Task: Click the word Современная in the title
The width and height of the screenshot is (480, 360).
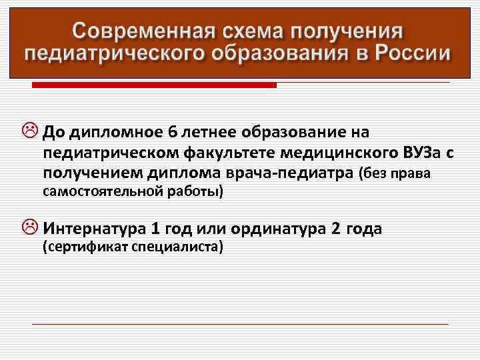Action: pyautogui.click(x=139, y=31)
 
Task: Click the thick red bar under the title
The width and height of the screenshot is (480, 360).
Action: pyautogui.click(x=154, y=85)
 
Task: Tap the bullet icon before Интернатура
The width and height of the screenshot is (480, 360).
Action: pyautogui.click(x=32, y=229)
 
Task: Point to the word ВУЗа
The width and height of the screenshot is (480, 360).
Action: pyautogui.click(x=423, y=153)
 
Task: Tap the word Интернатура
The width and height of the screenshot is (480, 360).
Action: pyautogui.click(x=93, y=229)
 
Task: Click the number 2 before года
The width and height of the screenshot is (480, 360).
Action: pyautogui.click(x=335, y=229)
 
